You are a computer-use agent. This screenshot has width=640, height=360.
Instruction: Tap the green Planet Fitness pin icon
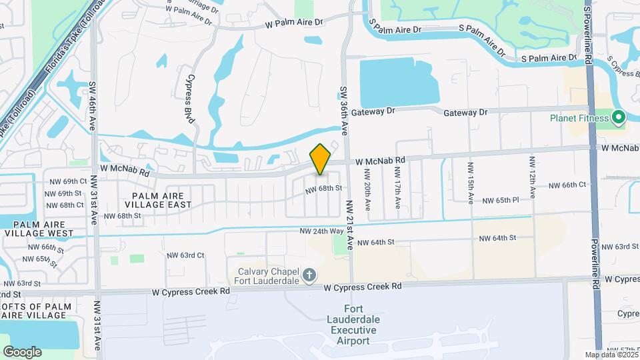tap(618, 118)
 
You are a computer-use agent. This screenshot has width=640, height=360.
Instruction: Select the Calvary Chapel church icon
tap(309, 275)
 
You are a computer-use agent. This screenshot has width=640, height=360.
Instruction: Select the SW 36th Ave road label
tap(344, 111)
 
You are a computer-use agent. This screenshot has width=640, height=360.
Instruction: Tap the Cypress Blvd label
tap(189, 103)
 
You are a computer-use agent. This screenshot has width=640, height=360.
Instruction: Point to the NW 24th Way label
tap(323, 231)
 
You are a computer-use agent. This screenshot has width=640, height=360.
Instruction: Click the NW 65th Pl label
tap(499, 200)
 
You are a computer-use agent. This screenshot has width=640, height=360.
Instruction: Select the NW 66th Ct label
tap(567, 185)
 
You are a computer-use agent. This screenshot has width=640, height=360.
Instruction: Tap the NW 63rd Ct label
tap(185, 255)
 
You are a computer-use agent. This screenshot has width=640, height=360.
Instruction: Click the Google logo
tap(22, 351)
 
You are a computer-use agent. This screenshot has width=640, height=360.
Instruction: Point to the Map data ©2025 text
tap(611, 355)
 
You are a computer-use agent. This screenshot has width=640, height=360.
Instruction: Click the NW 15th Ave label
tap(470, 183)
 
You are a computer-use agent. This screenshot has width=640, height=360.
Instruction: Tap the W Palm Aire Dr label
tap(294, 22)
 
